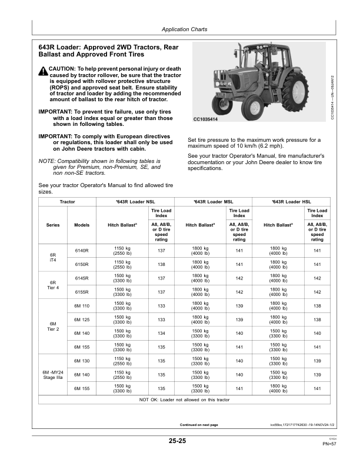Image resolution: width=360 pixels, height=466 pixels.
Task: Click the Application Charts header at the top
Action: pos(184,29)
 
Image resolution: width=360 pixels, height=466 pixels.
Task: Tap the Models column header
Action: pos(82,225)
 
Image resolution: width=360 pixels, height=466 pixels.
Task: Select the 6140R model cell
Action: pos(82,251)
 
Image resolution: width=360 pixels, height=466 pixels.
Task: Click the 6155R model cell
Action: pos(82,292)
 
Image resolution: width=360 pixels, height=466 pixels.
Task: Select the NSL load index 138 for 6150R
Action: pos(161,265)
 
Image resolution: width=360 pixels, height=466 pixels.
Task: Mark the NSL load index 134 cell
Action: pos(161,333)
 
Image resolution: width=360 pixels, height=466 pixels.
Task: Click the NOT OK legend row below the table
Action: pos(184,400)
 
